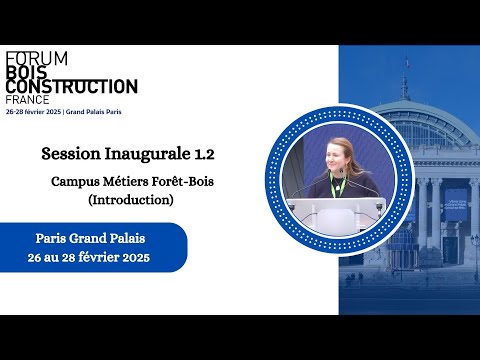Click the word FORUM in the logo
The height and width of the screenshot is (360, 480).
click(36, 59)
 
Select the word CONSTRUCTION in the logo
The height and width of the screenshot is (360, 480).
click(71, 87)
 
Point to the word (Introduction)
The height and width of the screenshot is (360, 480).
click(131, 200)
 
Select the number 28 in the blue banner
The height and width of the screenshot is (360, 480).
click(73, 256)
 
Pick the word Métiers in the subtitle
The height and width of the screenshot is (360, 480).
click(122, 182)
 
